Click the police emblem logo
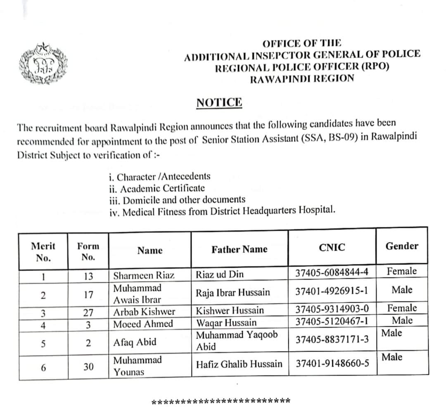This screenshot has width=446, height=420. tap(42, 64)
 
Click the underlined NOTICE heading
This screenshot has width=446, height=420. tap(219, 103)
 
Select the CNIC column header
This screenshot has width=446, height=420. tap(332, 248)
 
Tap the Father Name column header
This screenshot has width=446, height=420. tap(239, 249)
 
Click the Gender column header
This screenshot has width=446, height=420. tap(401, 246)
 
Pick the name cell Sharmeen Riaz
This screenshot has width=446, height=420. tap(144, 275)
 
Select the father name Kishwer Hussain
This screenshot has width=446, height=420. tap(230, 310)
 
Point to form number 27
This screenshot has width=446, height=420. tap(88, 313)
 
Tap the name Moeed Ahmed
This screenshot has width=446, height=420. tap(143, 324)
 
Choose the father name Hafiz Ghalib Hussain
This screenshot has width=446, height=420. tap(239, 364)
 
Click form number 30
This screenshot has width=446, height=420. tap(88, 366)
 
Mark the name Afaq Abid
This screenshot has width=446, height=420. tap(135, 342)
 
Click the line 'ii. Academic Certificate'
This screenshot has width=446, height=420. tap(157, 188)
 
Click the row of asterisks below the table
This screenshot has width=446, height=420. tap(221, 401)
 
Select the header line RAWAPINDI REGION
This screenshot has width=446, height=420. tap(302, 79)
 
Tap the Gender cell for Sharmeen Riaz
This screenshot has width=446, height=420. tap(401, 272)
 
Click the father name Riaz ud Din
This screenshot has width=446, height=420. tap(220, 274)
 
